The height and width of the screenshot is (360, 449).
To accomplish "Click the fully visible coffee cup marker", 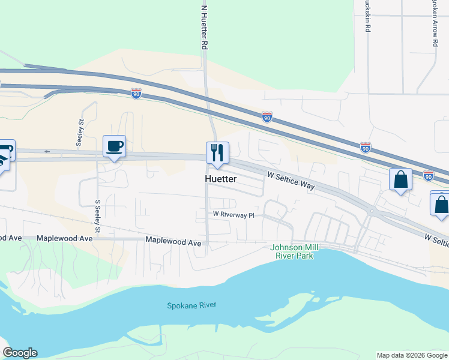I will click(114, 146).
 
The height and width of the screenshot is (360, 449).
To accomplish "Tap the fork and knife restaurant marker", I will click(217, 152).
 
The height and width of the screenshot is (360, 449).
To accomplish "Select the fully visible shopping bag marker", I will click(400, 179).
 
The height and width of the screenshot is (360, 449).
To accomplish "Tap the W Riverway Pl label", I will click(234, 214).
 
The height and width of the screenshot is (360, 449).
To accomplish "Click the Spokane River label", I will click(191, 305).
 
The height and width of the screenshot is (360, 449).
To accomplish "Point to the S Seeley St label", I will click(97, 217).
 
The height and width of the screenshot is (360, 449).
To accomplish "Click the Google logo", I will click(20, 353).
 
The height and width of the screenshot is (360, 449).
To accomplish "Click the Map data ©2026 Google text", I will click(411, 355).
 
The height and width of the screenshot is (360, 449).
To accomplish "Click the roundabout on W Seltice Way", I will click(372, 211).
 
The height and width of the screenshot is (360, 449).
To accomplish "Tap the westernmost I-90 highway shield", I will click(136, 94).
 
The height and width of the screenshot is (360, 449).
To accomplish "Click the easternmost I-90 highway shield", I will click(428, 175).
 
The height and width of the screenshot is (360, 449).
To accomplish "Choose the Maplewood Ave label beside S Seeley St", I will click(65, 238).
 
